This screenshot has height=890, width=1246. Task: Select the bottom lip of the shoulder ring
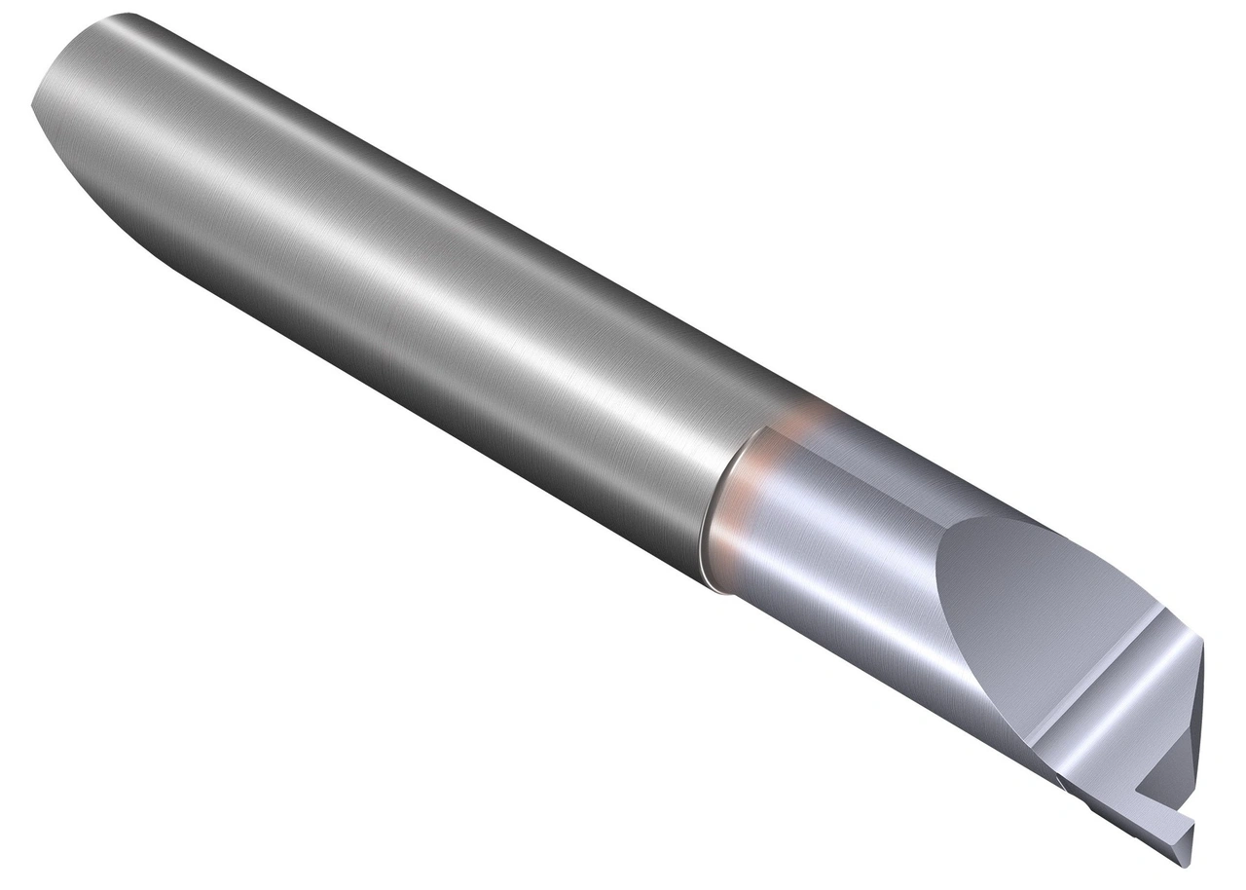click(715, 584)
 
